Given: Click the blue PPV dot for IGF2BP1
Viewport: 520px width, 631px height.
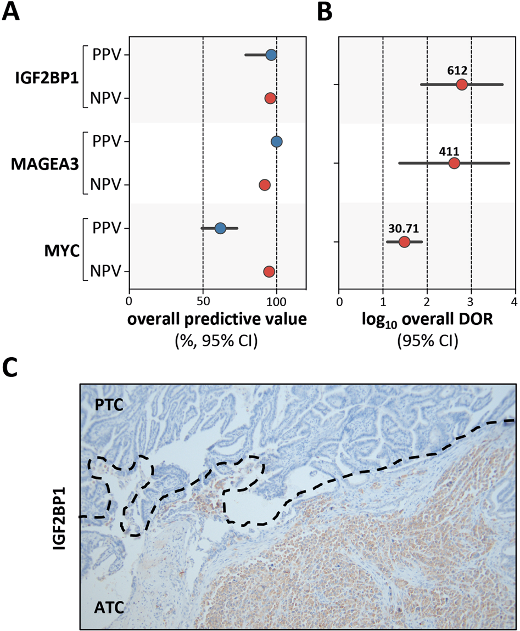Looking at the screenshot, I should click(x=271, y=55).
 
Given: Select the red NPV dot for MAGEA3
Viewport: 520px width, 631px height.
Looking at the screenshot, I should click(x=265, y=185).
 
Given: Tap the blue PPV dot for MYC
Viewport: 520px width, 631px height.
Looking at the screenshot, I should click(x=220, y=228).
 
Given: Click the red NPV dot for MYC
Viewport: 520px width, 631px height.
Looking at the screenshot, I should click(x=269, y=271).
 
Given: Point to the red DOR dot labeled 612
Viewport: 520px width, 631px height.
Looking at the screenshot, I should click(x=461, y=84).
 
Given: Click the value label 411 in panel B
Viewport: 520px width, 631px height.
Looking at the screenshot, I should click(x=454, y=150).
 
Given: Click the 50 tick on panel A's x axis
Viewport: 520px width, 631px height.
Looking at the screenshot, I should click(x=203, y=301).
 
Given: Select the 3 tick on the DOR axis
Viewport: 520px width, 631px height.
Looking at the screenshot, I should click(x=471, y=301).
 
